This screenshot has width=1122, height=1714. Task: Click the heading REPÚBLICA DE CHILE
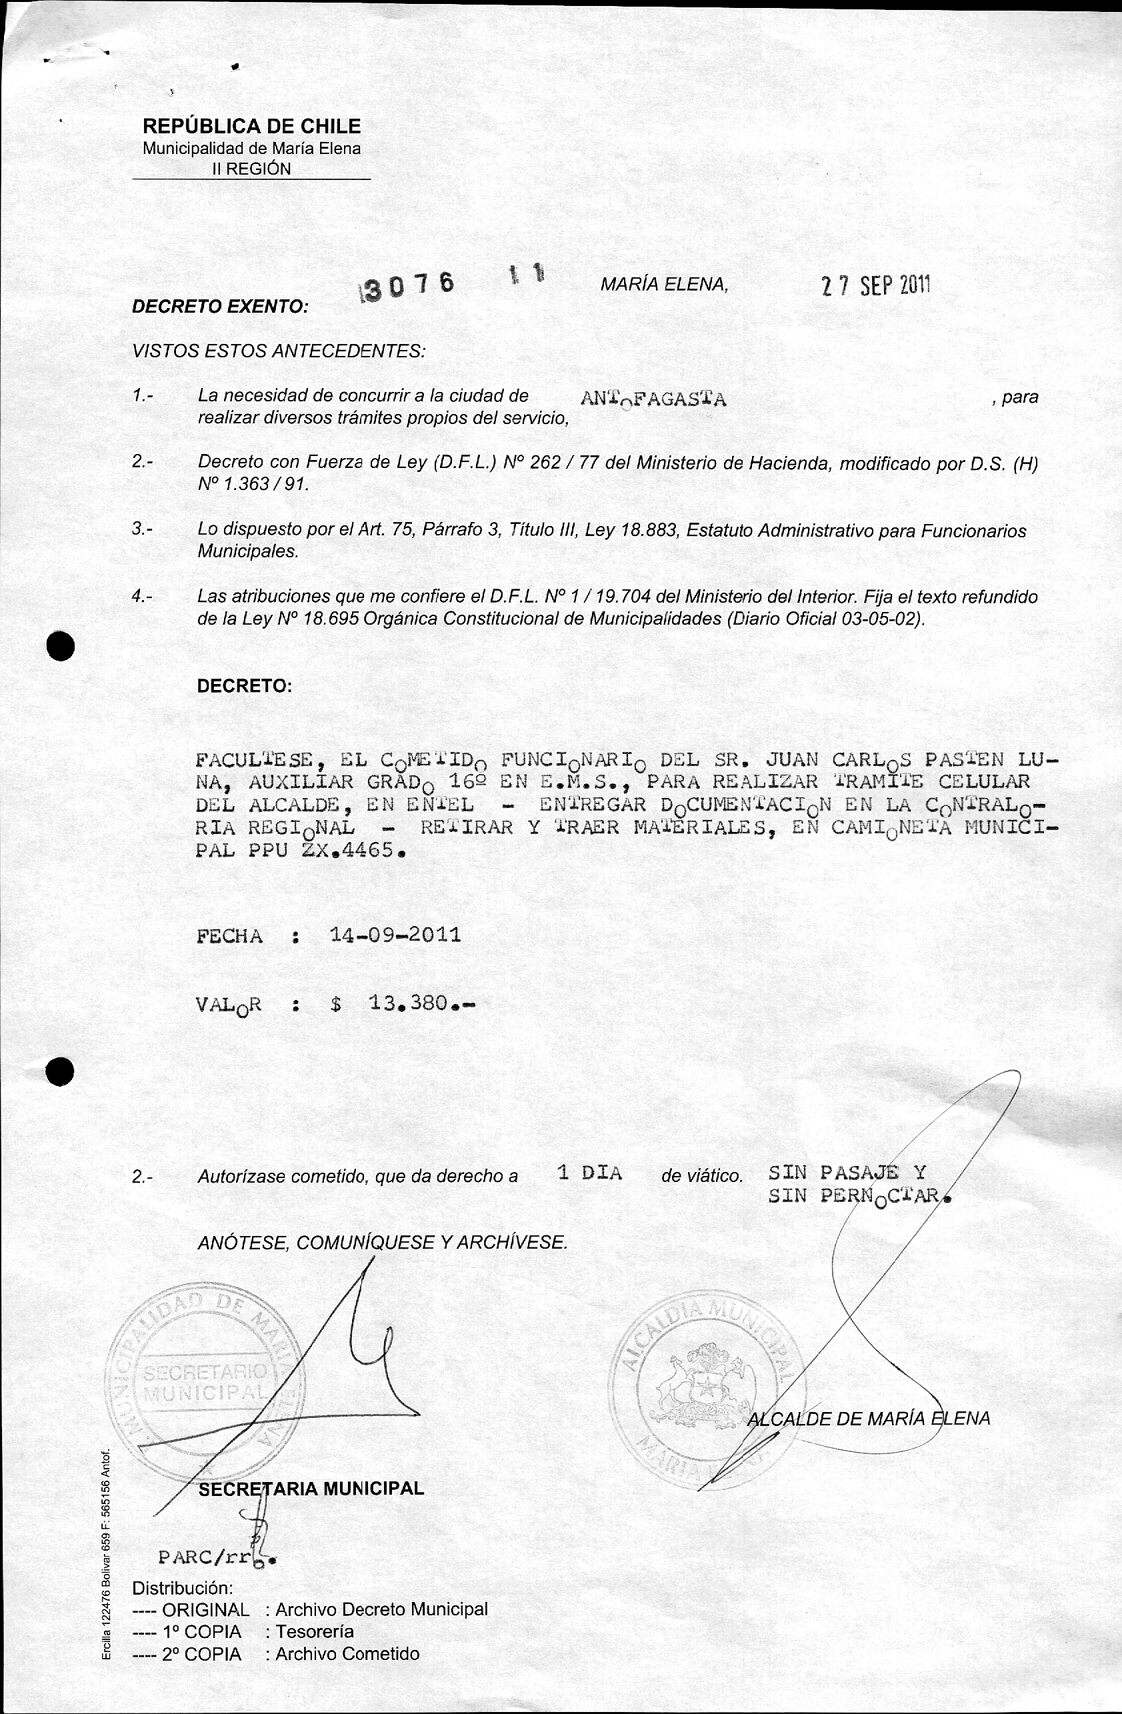tap(251, 126)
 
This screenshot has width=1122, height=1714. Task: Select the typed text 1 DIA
tap(589, 1173)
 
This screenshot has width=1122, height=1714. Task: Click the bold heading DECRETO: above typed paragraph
tap(244, 686)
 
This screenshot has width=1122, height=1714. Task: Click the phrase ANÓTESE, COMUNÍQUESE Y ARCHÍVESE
tap(383, 1242)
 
